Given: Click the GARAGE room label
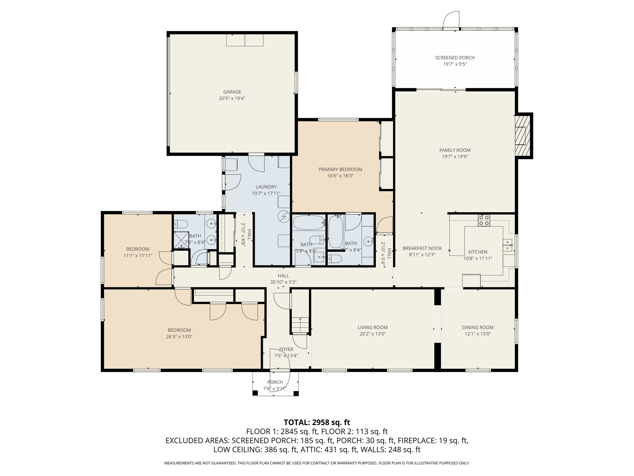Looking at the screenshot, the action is click(x=232, y=92).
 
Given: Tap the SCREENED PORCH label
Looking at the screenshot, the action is click(x=455, y=58).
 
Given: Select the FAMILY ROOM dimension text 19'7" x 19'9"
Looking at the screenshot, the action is click(x=455, y=157).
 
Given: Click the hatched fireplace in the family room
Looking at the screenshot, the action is click(x=523, y=135).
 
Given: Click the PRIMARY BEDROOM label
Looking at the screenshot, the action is click(x=340, y=170).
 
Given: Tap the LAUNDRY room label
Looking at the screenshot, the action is click(x=266, y=187).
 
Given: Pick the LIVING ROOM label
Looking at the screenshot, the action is click(x=372, y=328).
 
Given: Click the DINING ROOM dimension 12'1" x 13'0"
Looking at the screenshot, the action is click(x=478, y=334).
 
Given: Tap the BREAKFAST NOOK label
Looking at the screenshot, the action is click(x=422, y=249).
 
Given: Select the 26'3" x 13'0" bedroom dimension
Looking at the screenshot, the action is click(x=179, y=337).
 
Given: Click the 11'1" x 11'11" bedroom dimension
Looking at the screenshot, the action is click(x=138, y=256).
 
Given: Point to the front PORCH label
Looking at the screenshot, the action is click(x=275, y=382).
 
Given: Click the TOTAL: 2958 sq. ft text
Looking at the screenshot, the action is click(x=317, y=422).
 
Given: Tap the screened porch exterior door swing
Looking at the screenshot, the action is click(x=451, y=19).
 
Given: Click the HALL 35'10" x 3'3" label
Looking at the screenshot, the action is click(x=283, y=279).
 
